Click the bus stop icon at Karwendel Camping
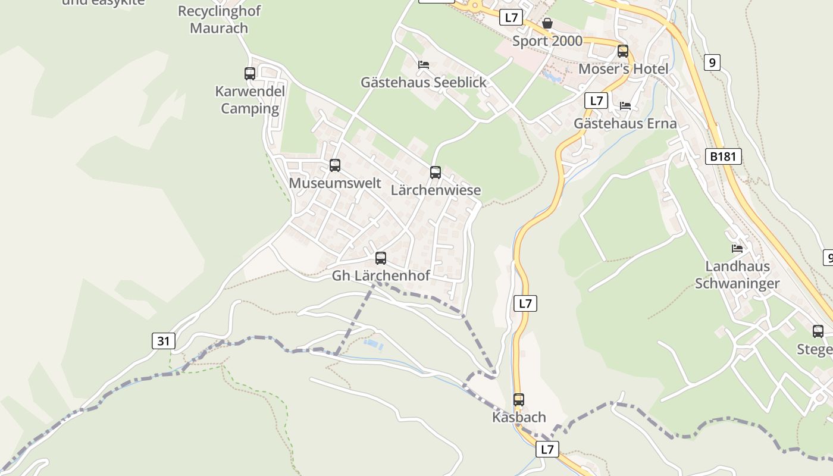tap(250, 74)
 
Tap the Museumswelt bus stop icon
tap(335, 165)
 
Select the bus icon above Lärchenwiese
tap(436, 173)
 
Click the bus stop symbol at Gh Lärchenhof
tap(381, 258)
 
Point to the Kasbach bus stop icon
tap(519, 400)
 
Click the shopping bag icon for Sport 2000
tap(547, 23)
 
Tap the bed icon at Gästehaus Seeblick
tap(424, 64)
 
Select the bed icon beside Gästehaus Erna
tap(625, 106)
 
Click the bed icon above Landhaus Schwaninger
tap(737, 249)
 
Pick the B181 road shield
tap(724, 156)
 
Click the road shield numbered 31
tap(164, 341)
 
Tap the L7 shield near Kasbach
tap(547, 449)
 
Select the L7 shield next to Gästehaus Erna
tap(596, 101)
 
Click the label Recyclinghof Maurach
tap(219, 20)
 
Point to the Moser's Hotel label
tap(624, 69)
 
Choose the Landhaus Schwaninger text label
tap(737, 275)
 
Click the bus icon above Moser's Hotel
tap(623, 51)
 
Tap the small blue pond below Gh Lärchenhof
tap(373, 345)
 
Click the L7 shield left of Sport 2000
tap(511, 17)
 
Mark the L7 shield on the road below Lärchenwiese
tap(525, 303)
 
